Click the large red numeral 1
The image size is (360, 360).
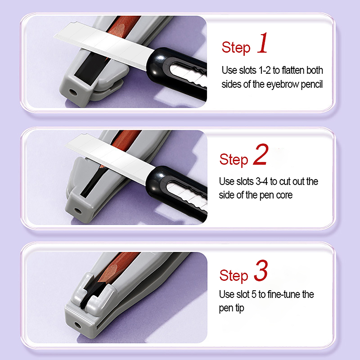[262, 43]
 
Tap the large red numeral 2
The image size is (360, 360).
[261, 154]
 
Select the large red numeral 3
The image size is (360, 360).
[261, 270]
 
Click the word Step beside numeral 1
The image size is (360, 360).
[236, 48]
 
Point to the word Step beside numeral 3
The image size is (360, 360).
[234, 275]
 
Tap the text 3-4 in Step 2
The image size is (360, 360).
[262, 181]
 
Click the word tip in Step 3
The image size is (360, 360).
[240, 308]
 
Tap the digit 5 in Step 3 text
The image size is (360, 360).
[254, 294]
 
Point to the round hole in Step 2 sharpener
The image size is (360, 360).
[77, 211]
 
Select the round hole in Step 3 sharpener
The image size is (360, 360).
[77, 325]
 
